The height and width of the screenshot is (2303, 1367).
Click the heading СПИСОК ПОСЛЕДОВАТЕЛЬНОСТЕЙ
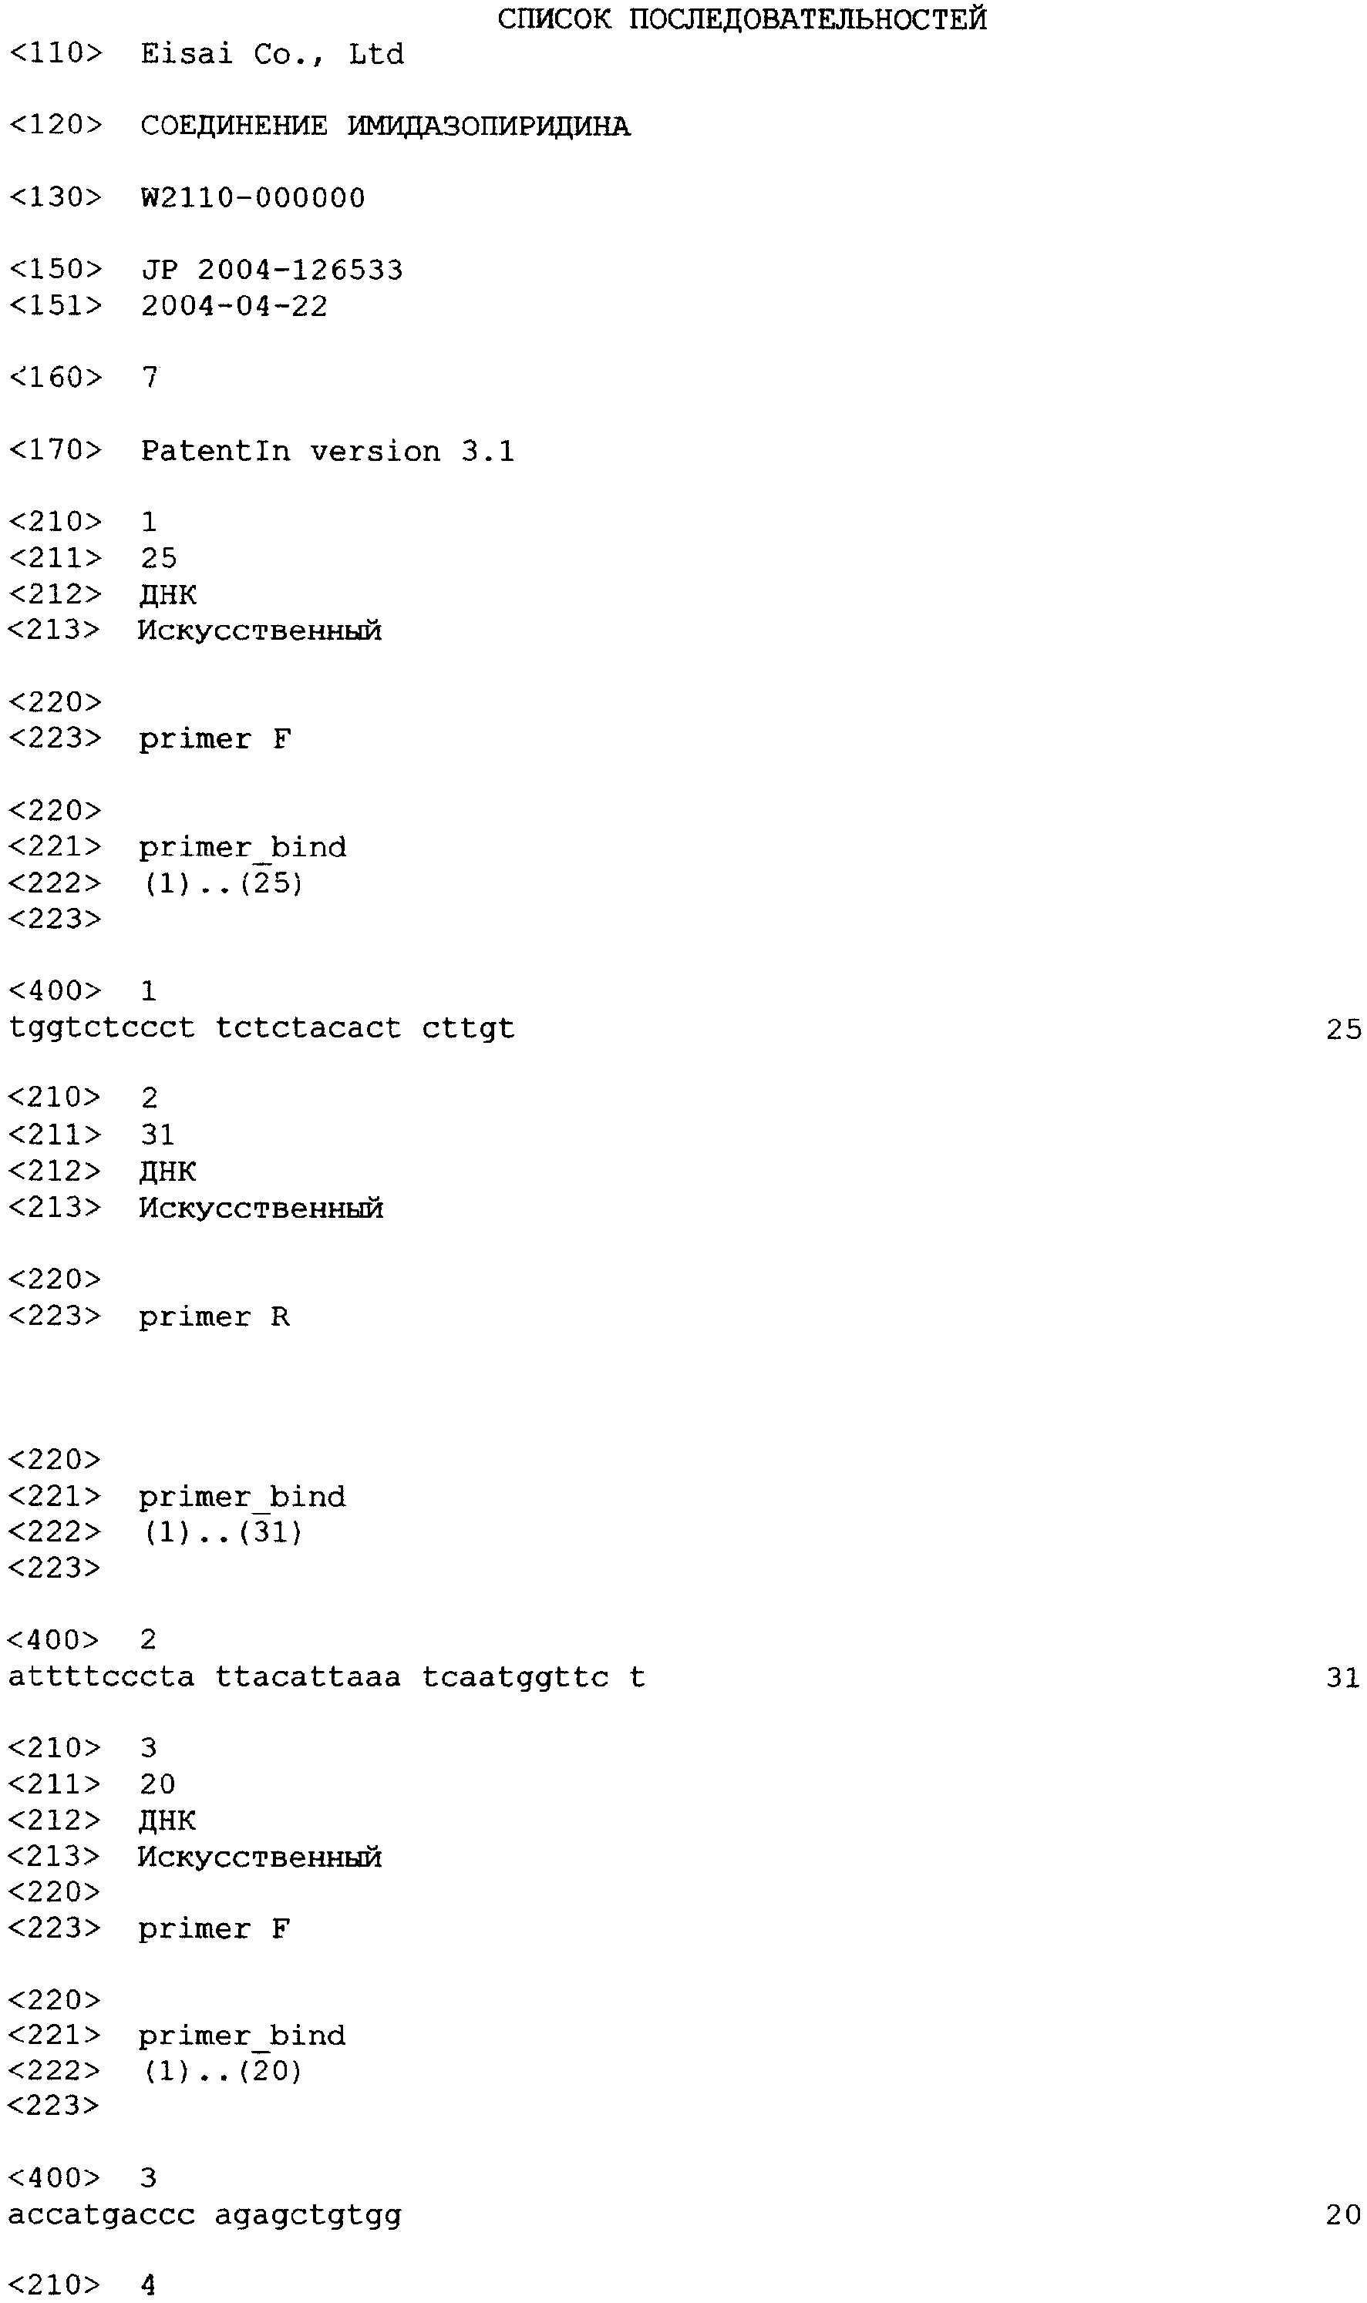tap(742, 18)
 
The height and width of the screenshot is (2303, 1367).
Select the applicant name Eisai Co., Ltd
tap(271, 54)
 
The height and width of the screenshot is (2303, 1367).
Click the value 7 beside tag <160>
tap(151, 377)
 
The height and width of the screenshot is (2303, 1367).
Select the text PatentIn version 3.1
tap(327, 451)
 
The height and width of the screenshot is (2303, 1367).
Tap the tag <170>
tap(56, 449)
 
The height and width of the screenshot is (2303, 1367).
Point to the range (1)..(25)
tap(223, 883)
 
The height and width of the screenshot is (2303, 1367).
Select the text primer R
tap(214, 1316)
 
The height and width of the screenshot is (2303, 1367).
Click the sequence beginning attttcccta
tap(327, 1677)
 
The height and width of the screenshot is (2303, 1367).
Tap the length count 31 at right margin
tap(1344, 1678)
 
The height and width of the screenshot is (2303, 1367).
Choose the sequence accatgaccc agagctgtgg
tap(205, 2214)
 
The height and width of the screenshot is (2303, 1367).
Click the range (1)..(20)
tap(223, 2071)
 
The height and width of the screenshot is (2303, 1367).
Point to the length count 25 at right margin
tap(1344, 1029)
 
